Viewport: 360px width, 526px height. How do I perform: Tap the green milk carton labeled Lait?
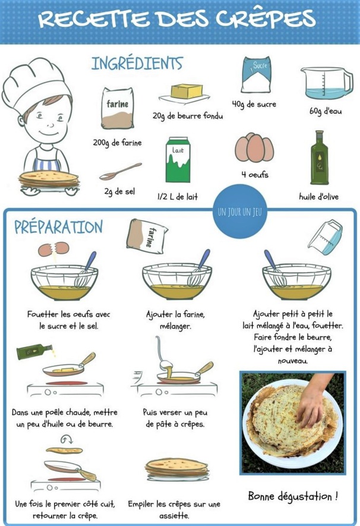pyautogui.click(x=180, y=160)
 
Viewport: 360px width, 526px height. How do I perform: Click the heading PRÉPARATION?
pyautogui.click(x=58, y=227)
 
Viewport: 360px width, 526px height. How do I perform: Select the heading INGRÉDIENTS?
pyautogui.click(x=137, y=63)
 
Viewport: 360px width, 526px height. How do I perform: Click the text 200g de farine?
pyautogui.click(x=117, y=143)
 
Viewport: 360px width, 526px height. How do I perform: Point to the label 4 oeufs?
pyautogui.click(x=254, y=175)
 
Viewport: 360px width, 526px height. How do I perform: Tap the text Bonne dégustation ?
pyautogui.click(x=293, y=495)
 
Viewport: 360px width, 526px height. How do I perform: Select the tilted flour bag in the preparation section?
pyautogui.click(x=147, y=234)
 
